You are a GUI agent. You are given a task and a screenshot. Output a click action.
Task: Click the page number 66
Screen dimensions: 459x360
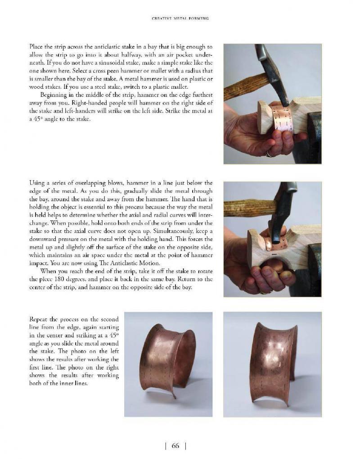click(x=175, y=446)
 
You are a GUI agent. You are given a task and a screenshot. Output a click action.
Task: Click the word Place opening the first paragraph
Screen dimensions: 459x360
click(x=37, y=47)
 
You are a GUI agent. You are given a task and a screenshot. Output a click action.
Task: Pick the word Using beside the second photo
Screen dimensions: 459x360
click(x=37, y=183)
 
